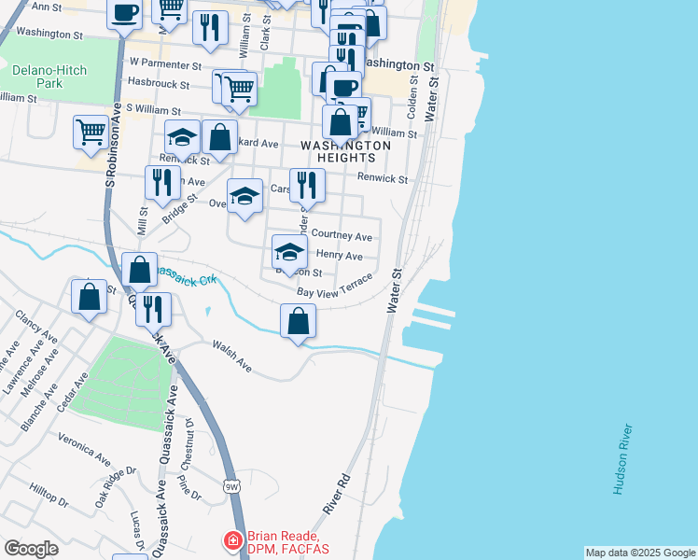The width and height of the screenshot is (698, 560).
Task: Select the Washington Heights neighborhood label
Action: pos(345,152)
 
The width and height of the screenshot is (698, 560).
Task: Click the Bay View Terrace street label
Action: pos(334,287)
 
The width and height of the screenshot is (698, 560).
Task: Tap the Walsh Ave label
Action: pos(232,357)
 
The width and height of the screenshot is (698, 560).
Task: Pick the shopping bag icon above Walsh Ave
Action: pos(298,321)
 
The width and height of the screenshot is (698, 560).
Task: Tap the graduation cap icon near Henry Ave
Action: pos(289,251)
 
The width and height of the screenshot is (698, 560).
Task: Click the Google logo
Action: pos(31,549)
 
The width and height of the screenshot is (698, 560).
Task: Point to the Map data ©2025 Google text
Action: pos(639,553)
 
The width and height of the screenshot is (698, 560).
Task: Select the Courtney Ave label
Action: pos(342,236)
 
